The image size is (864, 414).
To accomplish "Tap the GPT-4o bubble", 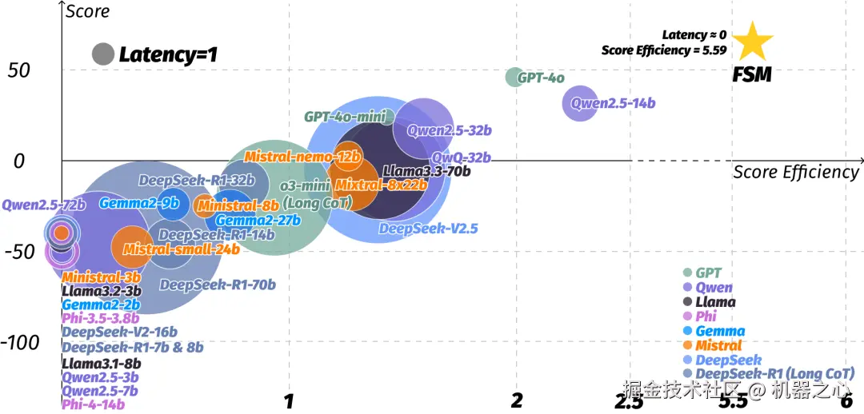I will point(514,77).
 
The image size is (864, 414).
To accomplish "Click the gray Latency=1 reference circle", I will point(103,54).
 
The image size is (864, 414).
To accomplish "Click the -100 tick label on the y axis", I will point(20,342).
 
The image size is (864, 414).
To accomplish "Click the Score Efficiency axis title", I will point(796,172).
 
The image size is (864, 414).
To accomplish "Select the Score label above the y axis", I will point(87,11).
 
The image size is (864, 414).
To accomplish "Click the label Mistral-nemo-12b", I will point(302,157).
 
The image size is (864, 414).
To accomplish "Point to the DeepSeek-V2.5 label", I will point(428,229).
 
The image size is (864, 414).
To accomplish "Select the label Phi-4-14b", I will point(94,404).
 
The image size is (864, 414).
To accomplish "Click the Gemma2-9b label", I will point(138,203).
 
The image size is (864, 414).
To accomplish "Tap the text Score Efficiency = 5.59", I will point(664,50).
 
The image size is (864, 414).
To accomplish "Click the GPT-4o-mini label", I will point(345,117).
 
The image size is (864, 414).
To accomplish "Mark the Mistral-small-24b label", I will point(181,249).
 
